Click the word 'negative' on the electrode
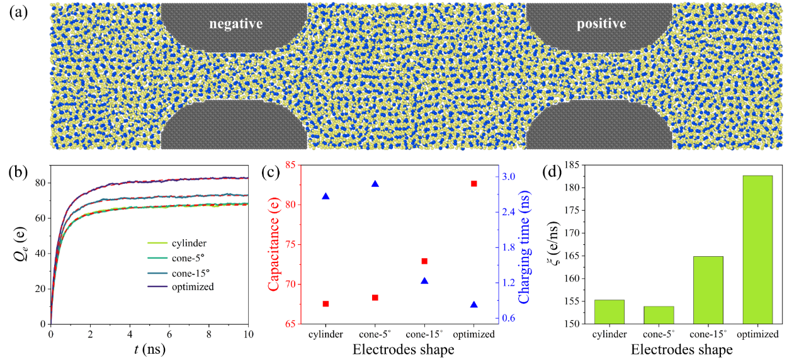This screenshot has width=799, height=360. coord(235,24)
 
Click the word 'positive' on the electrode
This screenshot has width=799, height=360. coord(601,24)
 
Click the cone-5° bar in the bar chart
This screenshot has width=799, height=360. coord(659,315)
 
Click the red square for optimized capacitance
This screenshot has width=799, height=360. coord(474,183)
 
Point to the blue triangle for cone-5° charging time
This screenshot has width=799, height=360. coord(375,184)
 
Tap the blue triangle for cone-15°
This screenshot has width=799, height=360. coord(424,281)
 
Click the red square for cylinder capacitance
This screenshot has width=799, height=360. coord(326,303)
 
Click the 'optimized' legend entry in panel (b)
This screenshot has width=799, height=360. coord(193,287)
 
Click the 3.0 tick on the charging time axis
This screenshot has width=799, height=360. coord(509,176)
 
